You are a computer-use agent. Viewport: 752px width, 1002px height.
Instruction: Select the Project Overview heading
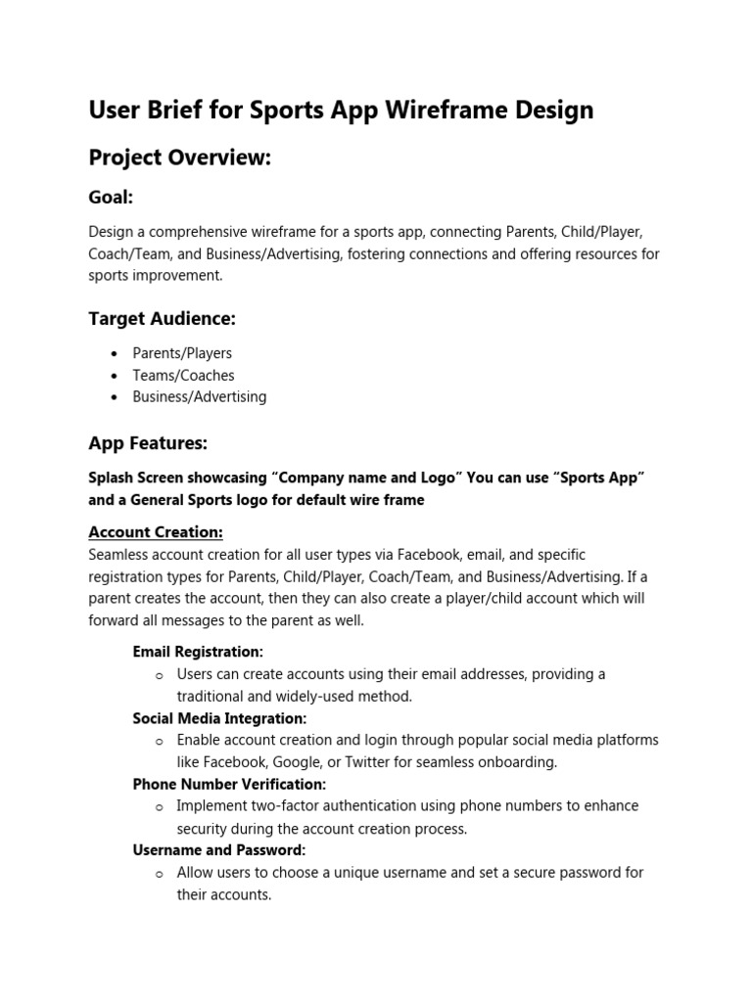[x=179, y=158]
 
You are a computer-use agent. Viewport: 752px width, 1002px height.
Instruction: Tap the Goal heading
[x=111, y=197]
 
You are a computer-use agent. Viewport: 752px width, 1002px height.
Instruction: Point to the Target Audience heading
[x=162, y=319]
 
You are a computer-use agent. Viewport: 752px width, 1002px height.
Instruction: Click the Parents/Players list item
[x=182, y=353]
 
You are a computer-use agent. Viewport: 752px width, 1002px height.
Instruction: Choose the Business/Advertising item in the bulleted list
[x=200, y=397]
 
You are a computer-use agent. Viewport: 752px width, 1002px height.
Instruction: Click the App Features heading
[x=148, y=443]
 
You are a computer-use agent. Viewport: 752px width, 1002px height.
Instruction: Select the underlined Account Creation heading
[x=156, y=532]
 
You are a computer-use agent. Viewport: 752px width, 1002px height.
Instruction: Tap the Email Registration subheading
[x=198, y=652]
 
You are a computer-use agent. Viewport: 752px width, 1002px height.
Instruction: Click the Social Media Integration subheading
[x=219, y=718]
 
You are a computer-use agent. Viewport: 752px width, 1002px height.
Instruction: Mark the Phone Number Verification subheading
[x=229, y=785]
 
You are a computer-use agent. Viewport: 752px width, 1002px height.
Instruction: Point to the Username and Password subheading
[x=219, y=850]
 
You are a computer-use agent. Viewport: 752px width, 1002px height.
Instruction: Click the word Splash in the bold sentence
[x=111, y=478]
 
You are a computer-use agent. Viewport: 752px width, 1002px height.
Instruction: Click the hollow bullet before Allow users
[x=159, y=874]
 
